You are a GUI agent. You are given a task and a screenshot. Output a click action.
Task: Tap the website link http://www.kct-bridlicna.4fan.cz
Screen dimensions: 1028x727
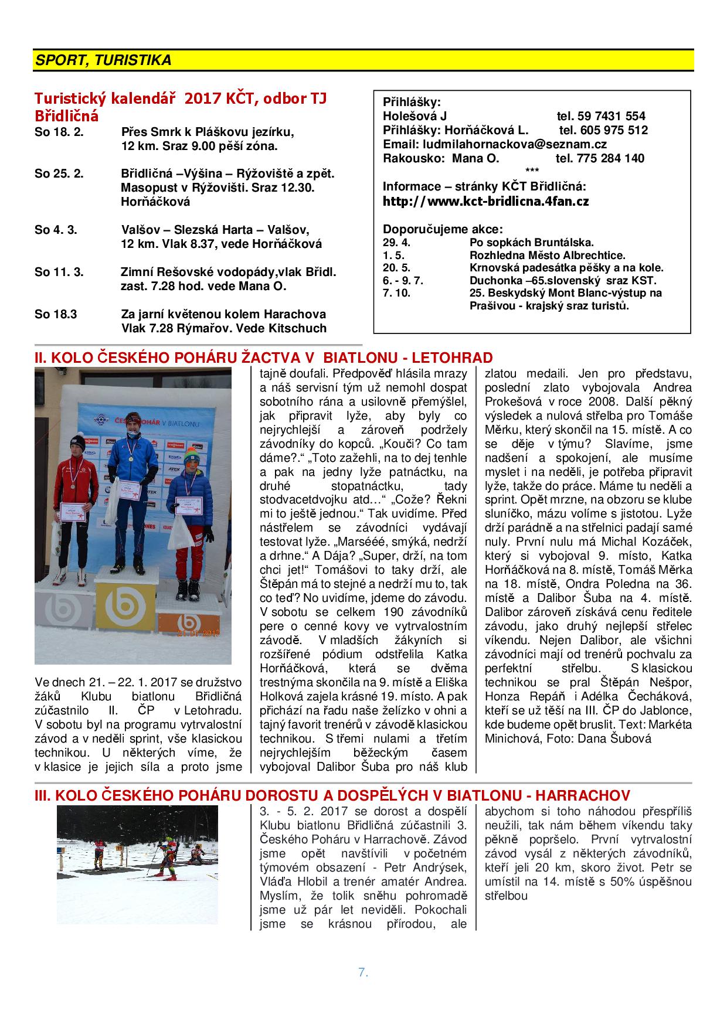click(x=485, y=202)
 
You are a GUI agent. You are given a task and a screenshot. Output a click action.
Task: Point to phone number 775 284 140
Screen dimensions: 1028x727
click(x=610, y=158)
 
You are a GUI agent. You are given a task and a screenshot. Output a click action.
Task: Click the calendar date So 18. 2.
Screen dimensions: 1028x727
click(x=59, y=132)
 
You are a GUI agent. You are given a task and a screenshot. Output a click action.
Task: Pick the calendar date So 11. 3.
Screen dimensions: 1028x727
click(x=59, y=273)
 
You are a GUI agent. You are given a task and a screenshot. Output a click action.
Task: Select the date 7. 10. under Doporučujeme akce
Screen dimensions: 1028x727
click(x=396, y=293)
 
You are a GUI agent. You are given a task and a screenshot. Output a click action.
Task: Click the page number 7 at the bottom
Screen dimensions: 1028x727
click(x=362, y=972)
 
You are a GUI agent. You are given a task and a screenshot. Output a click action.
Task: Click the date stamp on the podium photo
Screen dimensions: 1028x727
click(x=198, y=633)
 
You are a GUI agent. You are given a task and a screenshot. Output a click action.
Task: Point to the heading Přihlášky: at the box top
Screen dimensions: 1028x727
click(x=411, y=101)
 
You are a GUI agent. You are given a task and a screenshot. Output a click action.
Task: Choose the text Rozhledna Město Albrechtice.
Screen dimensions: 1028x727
click(x=548, y=256)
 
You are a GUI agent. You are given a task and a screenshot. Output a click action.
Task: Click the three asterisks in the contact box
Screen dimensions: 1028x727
click(x=532, y=171)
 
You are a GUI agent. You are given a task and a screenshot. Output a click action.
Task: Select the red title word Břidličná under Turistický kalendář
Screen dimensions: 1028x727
click(x=66, y=115)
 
